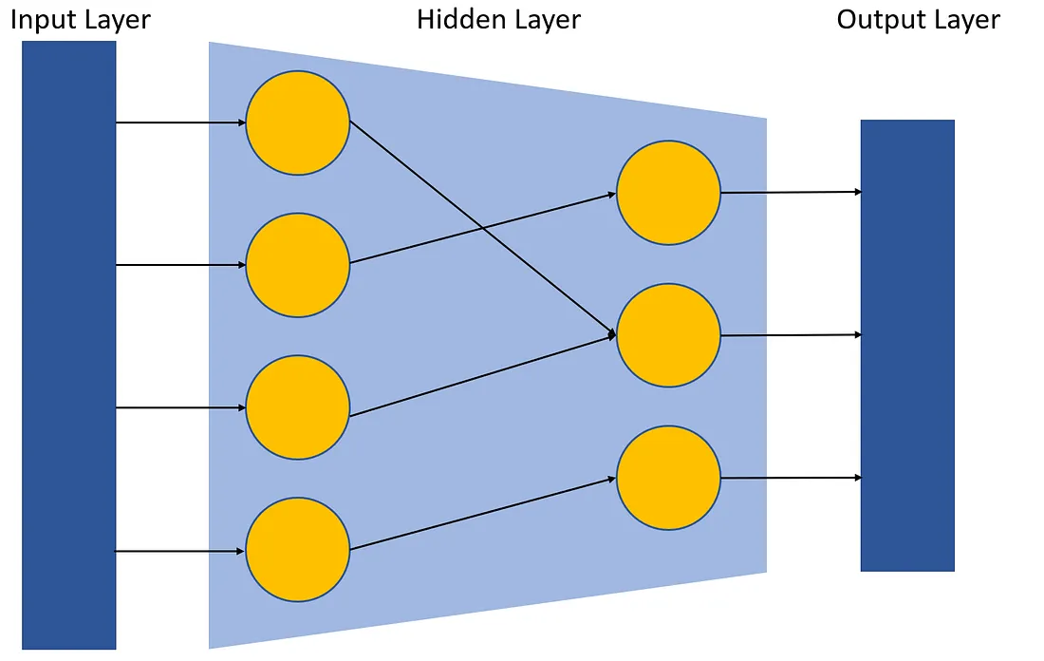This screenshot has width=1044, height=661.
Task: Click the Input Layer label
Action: pyautogui.click(x=80, y=20)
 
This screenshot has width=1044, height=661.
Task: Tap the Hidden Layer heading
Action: pyautogui.click(x=498, y=19)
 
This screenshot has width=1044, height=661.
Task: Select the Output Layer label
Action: pyautogui.click(x=918, y=20)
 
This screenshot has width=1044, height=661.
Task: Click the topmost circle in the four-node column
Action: pyautogui.click(x=298, y=123)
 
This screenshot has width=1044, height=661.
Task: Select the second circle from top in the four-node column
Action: pyautogui.click(x=298, y=265)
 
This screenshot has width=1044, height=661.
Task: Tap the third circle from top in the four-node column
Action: pyautogui.click(x=298, y=408)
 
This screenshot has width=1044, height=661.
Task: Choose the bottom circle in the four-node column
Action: pyautogui.click(x=298, y=551)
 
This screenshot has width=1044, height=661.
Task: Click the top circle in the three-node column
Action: pyautogui.click(x=668, y=193)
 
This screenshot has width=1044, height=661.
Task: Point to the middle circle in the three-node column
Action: pyautogui.click(x=668, y=335)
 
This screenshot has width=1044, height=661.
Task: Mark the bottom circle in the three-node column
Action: pyautogui.click(x=668, y=478)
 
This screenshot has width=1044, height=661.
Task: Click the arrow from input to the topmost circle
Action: pyautogui.click(x=180, y=123)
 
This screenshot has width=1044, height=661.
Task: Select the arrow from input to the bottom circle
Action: pyautogui.click(x=180, y=551)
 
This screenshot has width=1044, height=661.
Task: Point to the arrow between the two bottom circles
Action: pyautogui.click(x=484, y=514)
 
